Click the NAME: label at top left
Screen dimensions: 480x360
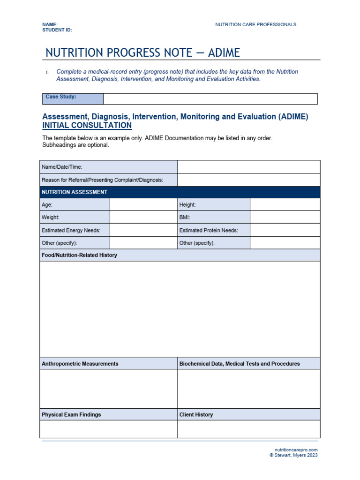(x=50, y=24)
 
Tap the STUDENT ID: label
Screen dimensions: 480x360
(x=57, y=30)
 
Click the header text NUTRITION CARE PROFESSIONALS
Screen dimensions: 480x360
(x=255, y=24)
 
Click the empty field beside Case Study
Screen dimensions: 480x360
(x=210, y=98)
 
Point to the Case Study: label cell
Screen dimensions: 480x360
(x=73, y=98)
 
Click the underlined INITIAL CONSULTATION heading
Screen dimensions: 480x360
(x=87, y=126)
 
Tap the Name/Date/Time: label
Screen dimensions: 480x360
(x=62, y=167)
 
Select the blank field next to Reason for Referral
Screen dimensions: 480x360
(x=248, y=180)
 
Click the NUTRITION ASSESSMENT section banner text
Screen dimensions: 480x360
(x=75, y=192)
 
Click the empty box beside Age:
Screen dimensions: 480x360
(x=143, y=205)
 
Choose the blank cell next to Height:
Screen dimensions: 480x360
(x=285, y=205)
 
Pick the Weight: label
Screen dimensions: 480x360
(x=51, y=217)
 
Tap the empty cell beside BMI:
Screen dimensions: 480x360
(x=285, y=217)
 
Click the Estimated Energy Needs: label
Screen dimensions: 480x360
(x=71, y=230)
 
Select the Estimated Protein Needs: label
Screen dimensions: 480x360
(x=209, y=230)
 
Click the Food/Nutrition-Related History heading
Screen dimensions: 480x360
(x=79, y=255)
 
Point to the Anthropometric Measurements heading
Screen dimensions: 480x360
(x=80, y=364)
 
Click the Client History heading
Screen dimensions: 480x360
(x=196, y=415)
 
